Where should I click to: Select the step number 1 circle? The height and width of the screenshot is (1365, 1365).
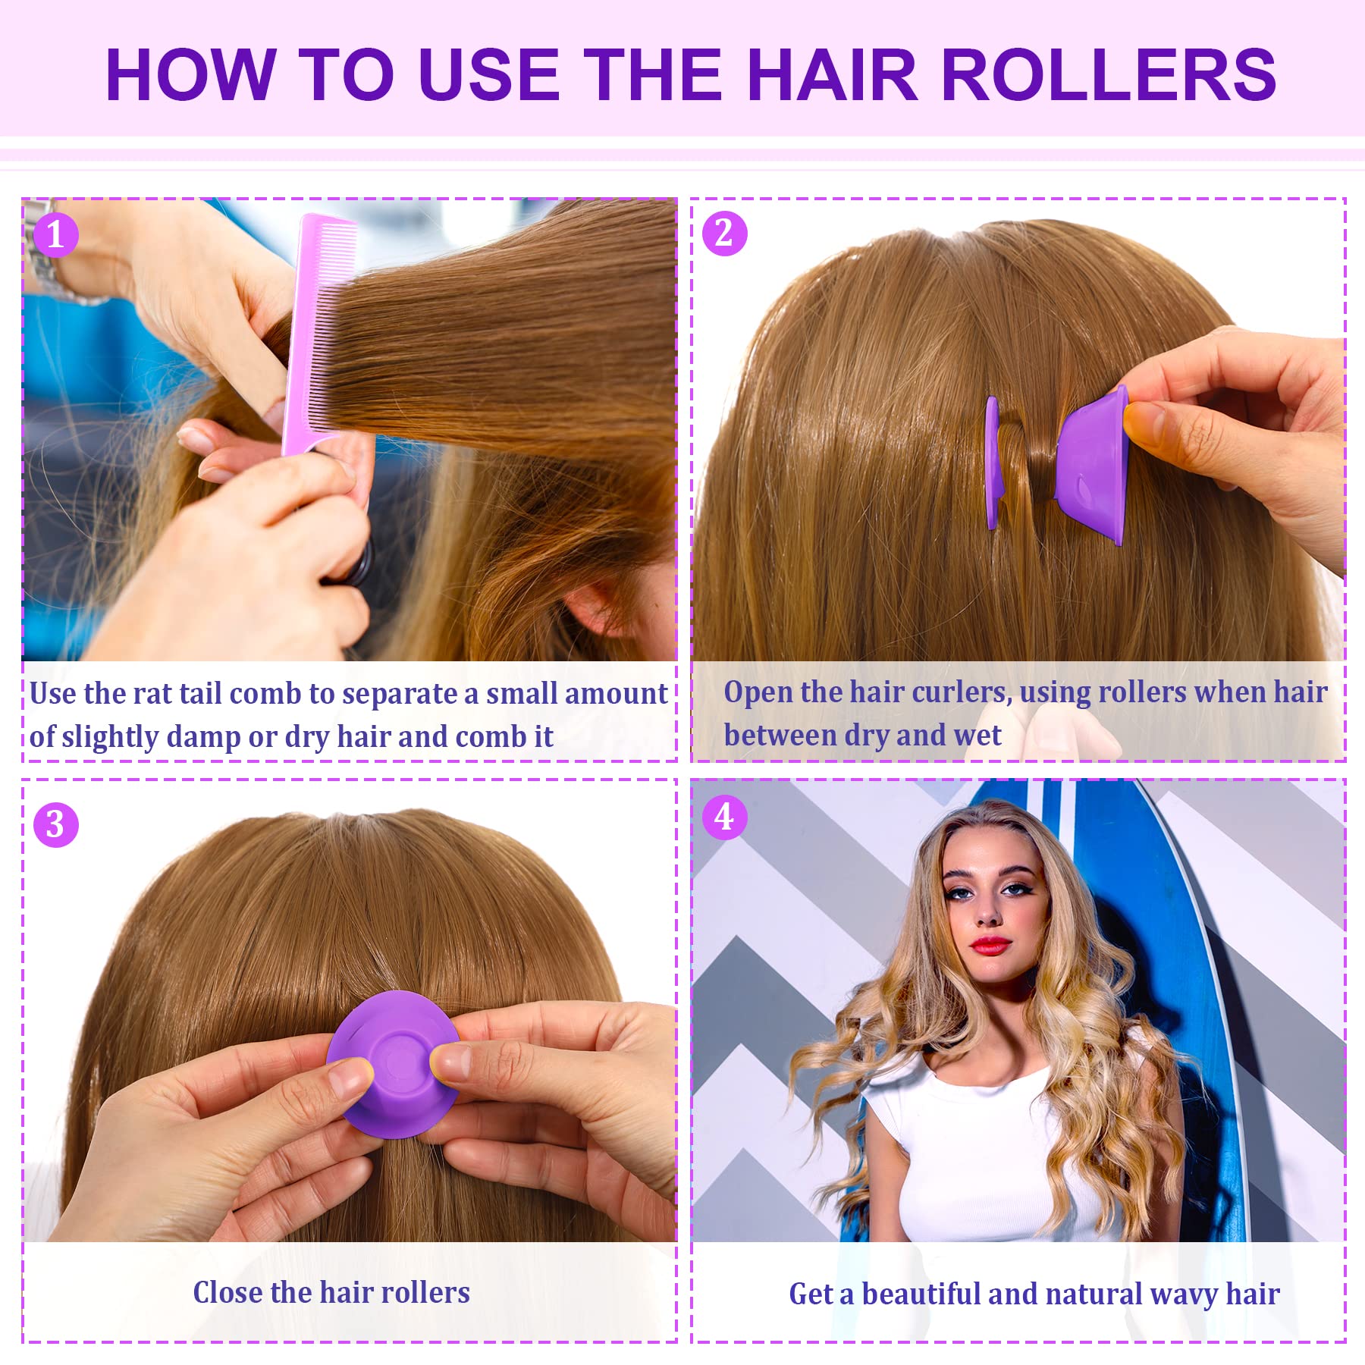(x=55, y=234)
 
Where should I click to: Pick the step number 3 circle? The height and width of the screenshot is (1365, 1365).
(x=55, y=824)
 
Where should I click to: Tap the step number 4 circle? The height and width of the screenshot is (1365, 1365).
(x=724, y=817)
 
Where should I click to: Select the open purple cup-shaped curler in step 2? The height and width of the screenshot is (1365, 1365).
(x=1092, y=463)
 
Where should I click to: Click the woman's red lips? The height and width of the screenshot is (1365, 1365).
(x=990, y=945)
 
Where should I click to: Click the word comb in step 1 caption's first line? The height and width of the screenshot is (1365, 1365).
(x=266, y=694)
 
